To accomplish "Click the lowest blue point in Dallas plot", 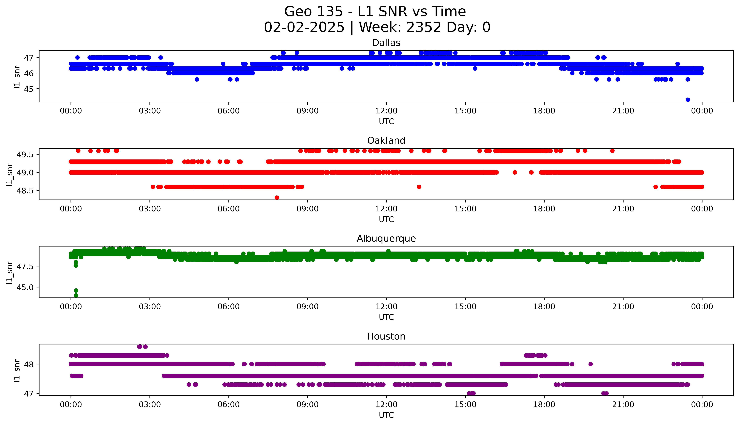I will click(x=688, y=100).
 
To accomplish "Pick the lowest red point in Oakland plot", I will click(x=277, y=198).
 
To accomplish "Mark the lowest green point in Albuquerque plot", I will click(x=76, y=295).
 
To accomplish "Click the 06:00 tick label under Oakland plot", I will click(x=229, y=209).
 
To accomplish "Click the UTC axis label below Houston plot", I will click(x=386, y=415).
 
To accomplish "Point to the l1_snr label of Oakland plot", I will click(x=10, y=175).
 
